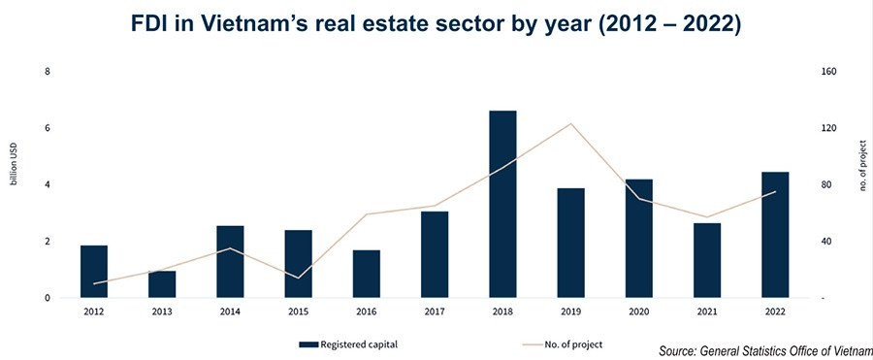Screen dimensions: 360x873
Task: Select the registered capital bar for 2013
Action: (162, 284)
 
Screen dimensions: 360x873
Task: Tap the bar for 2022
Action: (775, 235)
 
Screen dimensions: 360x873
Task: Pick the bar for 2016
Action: (367, 274)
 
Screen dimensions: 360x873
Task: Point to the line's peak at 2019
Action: (571, 123)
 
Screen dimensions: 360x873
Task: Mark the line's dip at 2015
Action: (299, 278)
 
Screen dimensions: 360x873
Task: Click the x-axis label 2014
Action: (230, 311)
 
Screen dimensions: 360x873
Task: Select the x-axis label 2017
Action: (435, 311)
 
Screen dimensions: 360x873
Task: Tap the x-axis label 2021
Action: (707, 311)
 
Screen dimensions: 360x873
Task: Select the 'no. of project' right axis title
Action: (861, 166)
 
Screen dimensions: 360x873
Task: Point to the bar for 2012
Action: (94, 272)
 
